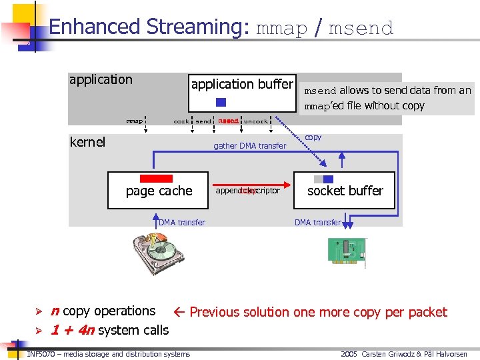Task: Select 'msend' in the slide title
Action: [x=361, y=28]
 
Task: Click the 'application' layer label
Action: [x=101, y=80]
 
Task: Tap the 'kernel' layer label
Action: [x=87, y=142]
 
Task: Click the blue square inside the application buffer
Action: [x=221, y=103]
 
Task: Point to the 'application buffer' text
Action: [x=241, y=85]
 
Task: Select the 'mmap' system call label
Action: [x=135, y=121]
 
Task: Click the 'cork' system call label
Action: [x=181, y=121]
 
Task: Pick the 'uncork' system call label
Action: [x=256, y=121]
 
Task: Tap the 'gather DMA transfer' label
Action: [x=249, y=146]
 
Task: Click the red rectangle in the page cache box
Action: [x=156, y=179]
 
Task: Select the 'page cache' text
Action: [x=159, y=191]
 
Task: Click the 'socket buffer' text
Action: [x=345, y=191]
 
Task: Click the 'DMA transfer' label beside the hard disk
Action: [x=181, y=223]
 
